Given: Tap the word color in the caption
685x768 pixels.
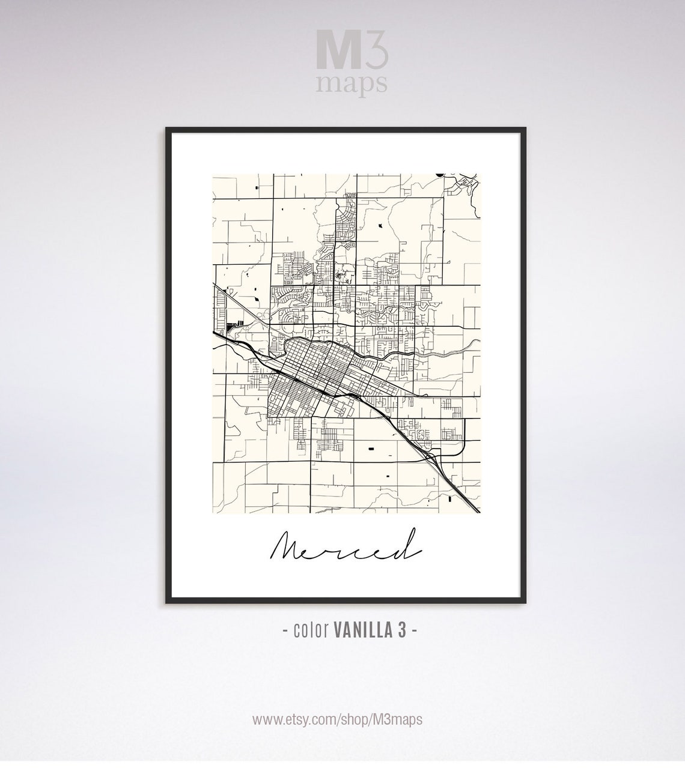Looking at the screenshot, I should [x=310, y=630].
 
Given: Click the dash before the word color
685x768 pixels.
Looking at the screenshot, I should [x=285, y=631].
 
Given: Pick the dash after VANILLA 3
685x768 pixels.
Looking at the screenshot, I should [x=414, y=631].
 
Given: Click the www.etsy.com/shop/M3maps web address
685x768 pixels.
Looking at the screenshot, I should [x=337, y=719].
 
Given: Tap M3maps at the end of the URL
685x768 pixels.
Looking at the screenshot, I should [x=401, y=719].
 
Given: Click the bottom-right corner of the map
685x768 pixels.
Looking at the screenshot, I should [x=480, y=513].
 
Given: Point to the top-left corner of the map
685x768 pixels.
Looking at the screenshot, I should [x=213, y=175].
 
